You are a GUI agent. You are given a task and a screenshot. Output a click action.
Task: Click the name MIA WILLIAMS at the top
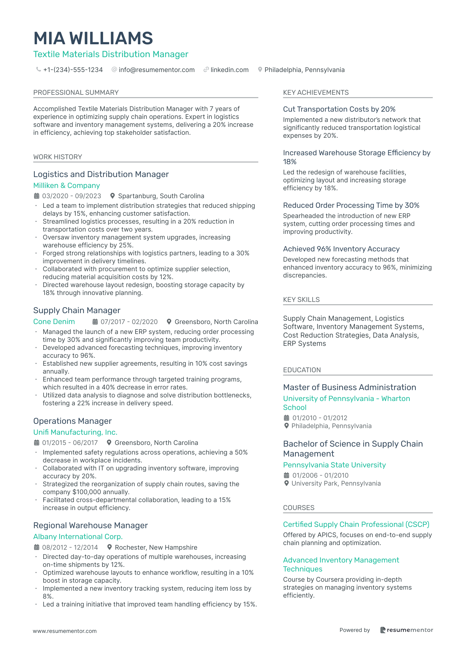pos(93,38)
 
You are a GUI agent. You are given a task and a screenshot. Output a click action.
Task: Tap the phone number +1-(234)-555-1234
pos(73,70)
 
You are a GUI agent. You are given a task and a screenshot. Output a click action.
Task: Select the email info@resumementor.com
pos(156,70)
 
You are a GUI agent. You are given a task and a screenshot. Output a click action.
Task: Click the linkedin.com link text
pos(229,70)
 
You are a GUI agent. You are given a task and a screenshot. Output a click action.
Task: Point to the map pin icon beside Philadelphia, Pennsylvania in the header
pos(260,70)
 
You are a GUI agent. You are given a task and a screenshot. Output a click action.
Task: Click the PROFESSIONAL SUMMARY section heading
pos(76,92)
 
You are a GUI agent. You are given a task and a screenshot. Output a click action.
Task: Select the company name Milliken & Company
pos(66,186)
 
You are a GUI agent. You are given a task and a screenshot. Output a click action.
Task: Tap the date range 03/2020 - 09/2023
pos(71,196)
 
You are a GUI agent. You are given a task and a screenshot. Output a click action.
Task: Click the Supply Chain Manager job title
pos(77,311)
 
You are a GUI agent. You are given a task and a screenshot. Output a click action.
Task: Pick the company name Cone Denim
pos(54,322)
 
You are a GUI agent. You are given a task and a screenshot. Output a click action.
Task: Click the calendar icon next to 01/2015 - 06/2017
pos(36,443)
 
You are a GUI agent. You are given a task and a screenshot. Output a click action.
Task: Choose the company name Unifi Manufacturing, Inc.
pos(75,432)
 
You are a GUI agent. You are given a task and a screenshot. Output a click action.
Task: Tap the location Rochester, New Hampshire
pos(156,547)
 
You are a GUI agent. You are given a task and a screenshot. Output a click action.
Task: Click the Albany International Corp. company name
pos(78,537)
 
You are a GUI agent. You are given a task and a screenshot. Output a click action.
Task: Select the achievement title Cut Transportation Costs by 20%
pos(339,109)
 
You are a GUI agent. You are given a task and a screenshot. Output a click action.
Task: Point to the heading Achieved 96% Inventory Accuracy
pos(341,249)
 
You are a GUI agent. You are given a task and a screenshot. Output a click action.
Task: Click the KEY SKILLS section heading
pos(301,300)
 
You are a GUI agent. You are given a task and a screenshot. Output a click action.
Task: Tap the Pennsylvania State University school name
pos(334,465)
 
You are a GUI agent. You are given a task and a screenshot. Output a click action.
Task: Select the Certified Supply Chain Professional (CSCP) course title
pos(356,525)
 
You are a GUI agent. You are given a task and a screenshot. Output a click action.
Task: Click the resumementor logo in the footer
pos(406,630)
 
